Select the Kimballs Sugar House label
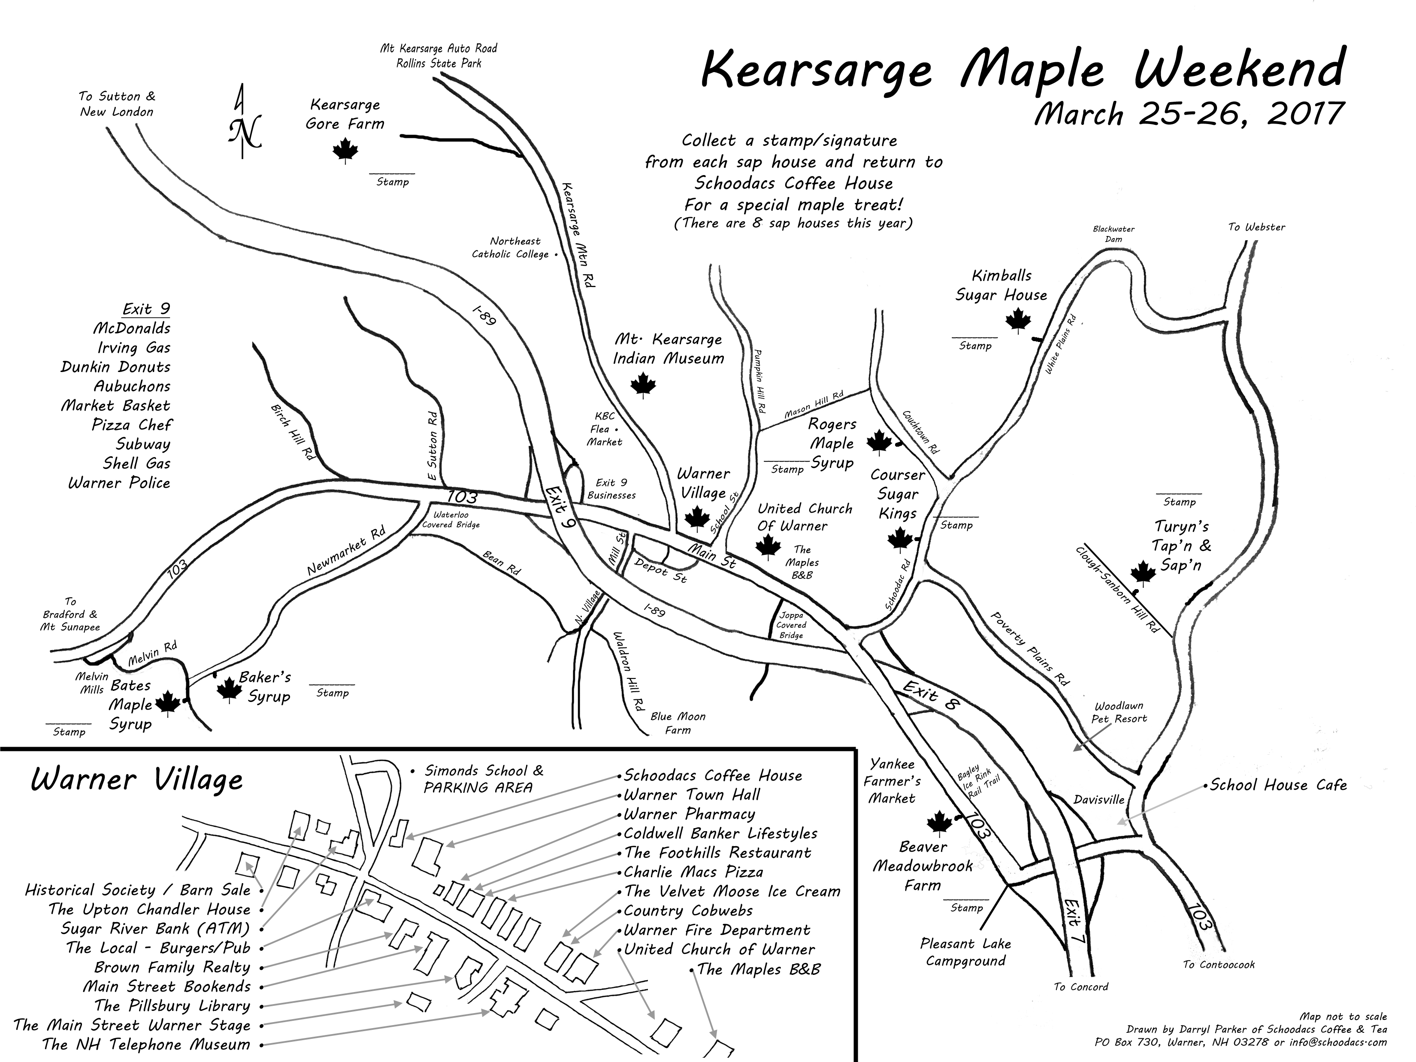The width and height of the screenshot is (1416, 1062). coord(1001,285)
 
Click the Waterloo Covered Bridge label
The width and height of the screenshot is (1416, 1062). coord(451,519)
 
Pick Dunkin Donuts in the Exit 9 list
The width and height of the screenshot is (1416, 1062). coord(116,367)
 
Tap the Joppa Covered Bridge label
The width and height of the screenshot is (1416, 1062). coord(791,625)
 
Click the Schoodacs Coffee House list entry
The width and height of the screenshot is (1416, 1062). coord(712,775)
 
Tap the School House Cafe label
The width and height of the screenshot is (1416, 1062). coord(1278,785)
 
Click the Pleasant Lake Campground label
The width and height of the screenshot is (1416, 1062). coord(965,952)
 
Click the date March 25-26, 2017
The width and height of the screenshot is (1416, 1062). coord(1188,115)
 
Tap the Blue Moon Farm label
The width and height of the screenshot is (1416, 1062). coord(678,723)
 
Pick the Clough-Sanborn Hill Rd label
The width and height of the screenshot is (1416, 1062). coord(1116,590)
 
